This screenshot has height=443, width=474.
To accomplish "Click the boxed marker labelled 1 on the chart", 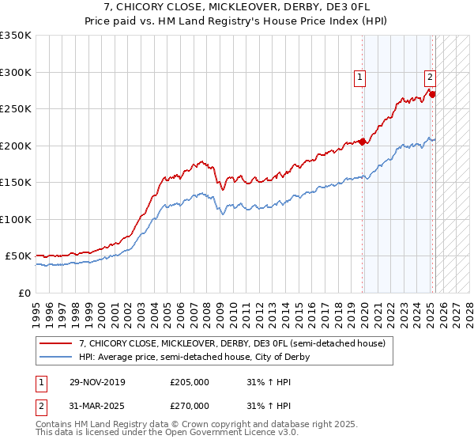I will [359, 78].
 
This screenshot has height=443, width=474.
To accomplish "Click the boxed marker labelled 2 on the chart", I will [430, 78].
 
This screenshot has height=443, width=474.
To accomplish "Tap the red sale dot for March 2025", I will [433, 94].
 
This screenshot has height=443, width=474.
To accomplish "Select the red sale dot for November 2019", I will [363, 142].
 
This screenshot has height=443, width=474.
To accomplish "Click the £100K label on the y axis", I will [16, 219].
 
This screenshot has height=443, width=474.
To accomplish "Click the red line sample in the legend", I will [55, 343].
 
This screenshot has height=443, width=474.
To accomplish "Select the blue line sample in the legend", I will [55, 357].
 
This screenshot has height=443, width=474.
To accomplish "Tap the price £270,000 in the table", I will [190, 405].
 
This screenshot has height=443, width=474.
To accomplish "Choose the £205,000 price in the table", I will [190, 382].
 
